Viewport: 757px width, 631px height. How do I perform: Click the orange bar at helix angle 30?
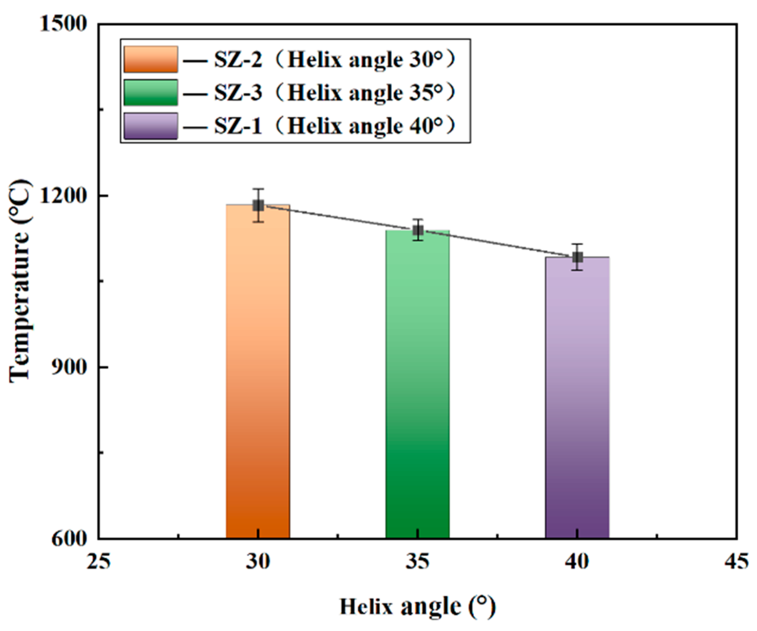(x=258, y=373)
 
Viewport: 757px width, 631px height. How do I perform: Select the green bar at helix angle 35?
(x=417, y=384)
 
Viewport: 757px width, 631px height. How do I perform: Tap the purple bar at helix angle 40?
(x=577, y=399)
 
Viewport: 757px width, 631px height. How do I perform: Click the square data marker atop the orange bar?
(x=258, y=205)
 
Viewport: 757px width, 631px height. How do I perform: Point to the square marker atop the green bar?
(x=418, y=231)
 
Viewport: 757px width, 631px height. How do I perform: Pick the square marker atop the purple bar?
(x=578, y=257)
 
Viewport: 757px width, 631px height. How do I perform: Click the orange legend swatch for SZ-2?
(x=150, y=59)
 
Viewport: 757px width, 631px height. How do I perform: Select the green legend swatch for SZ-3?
(x=150, y=92)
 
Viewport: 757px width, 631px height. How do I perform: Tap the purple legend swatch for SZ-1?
(x=150, y=126)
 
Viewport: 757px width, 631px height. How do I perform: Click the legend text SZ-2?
(x=238, y=60)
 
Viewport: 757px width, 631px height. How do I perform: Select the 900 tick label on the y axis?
(x=69, y=367)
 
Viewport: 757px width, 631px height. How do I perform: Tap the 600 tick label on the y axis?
(x=69, y=539)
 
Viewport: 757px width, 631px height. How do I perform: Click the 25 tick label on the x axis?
(x=99, y=561)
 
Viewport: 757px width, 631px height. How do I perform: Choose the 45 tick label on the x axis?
(x=736, y=561)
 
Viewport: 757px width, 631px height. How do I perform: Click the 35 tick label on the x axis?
(x=417, y=561)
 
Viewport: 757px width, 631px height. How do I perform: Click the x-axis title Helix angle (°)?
(x=417, y=607)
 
